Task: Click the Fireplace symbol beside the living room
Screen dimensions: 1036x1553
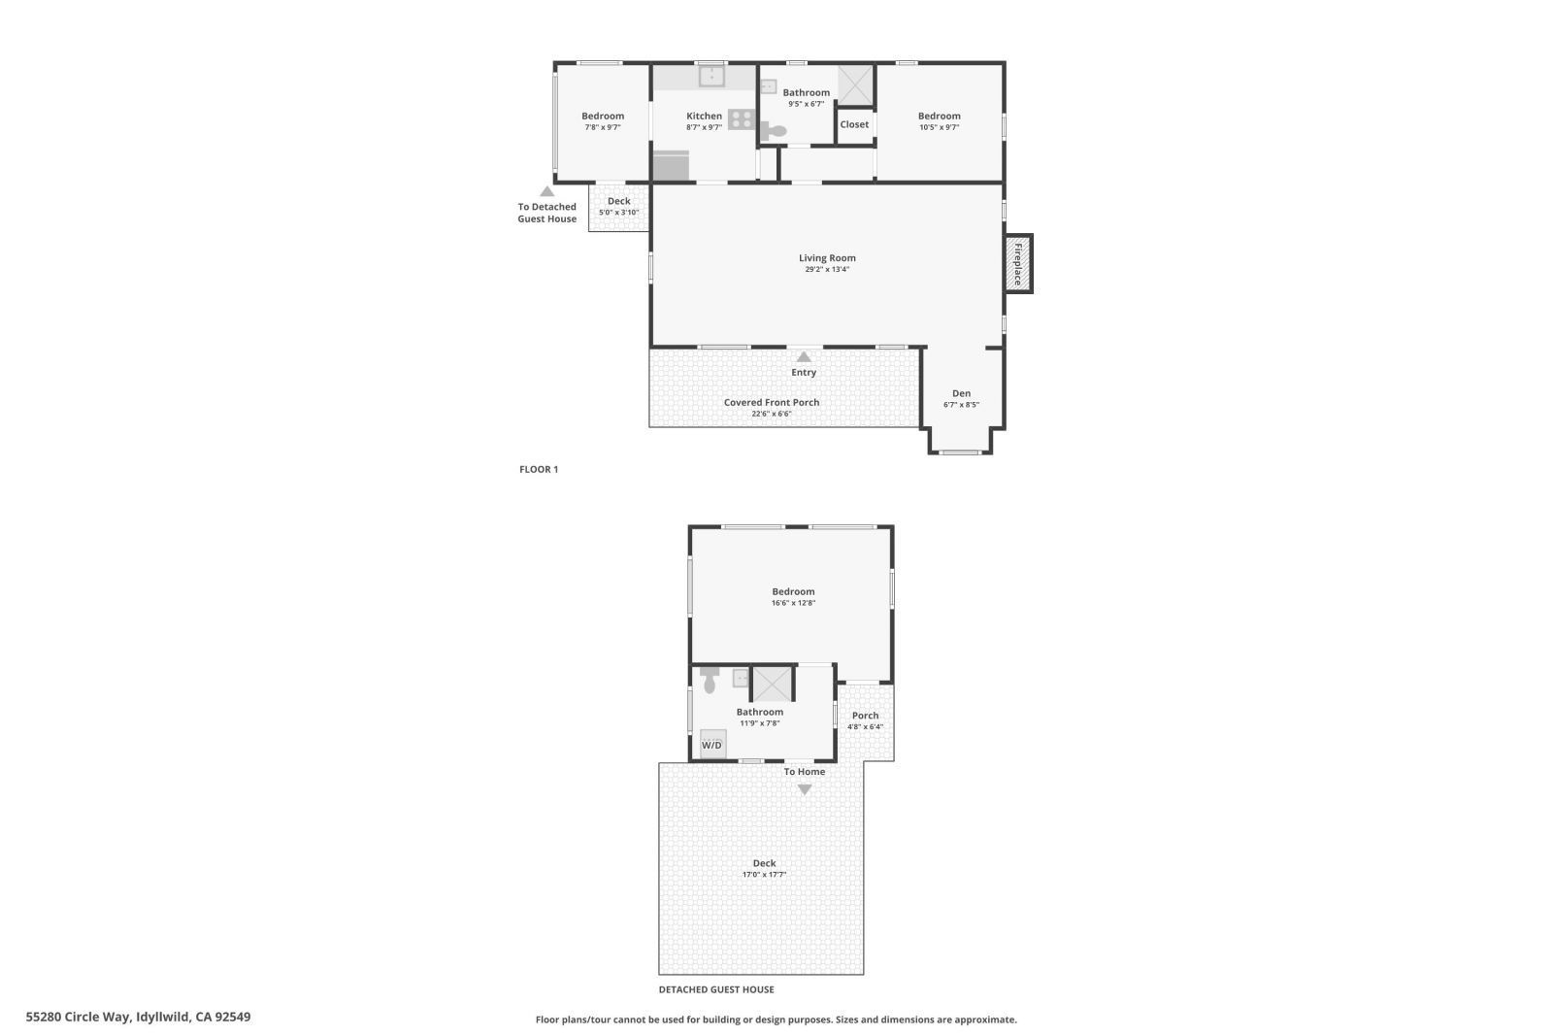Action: coord(1018,263)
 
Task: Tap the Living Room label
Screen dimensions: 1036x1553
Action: coord(827,258)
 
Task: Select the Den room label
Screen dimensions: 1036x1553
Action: coord(961,393)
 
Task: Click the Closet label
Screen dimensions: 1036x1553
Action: coord(854,124)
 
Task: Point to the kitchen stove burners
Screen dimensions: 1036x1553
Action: coord(742,119)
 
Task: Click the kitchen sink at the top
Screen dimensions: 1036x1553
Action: coord(711,75)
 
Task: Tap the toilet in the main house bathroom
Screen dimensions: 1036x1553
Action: coord(774,131)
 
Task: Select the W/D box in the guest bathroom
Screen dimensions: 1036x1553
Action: coord(712,744)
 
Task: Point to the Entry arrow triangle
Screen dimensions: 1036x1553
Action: coord(804,357)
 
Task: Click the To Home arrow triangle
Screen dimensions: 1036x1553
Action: coord(804,789)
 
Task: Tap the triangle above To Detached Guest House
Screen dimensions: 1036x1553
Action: coord(547,192)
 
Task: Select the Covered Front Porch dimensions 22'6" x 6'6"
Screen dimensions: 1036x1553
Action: coord(772,414)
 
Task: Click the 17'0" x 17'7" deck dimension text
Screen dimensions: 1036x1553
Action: coord(764,875)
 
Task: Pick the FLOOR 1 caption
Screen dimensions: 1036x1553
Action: coord(539,469)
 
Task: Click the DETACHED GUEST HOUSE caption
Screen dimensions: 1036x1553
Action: coord(716,989)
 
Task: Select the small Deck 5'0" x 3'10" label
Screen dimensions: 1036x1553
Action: coord(618,207)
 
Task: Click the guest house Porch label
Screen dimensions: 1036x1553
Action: coord(865,716)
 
